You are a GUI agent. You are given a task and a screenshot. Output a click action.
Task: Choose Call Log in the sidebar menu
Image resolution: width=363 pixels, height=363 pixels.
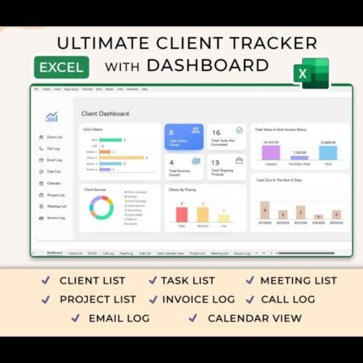tap(53, 148)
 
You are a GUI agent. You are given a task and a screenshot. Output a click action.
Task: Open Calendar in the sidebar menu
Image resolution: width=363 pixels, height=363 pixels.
tap(53, 182)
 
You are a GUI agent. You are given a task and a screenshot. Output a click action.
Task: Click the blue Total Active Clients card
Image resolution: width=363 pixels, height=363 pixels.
tap(183, 135)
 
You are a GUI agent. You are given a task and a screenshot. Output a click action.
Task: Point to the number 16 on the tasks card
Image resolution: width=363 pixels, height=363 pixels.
tap(216, 133)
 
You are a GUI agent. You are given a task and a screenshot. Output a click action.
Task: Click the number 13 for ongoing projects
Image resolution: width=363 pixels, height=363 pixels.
tap(216, 162)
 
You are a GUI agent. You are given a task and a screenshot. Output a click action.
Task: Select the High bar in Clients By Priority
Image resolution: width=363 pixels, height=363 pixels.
tap(181, 214)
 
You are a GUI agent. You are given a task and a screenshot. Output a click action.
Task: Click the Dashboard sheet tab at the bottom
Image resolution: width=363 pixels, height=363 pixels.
tap(55, 252)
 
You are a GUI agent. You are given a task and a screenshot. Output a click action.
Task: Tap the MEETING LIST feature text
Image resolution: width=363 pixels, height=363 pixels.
tap(298, 280)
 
